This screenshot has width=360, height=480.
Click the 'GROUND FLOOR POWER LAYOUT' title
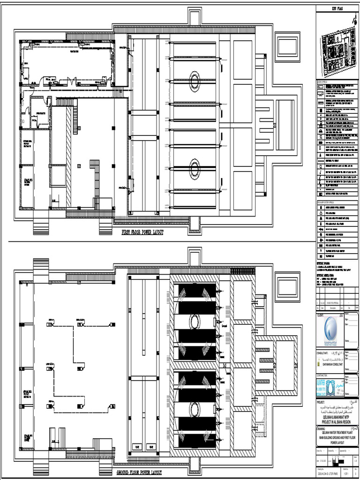pyautogui.click(x=139, y=473)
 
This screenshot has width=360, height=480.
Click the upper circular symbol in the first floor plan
pyautogui.click(x=194, y=82)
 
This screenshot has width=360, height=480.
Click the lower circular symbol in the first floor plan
pyautogui.click(x=194, y=168)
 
